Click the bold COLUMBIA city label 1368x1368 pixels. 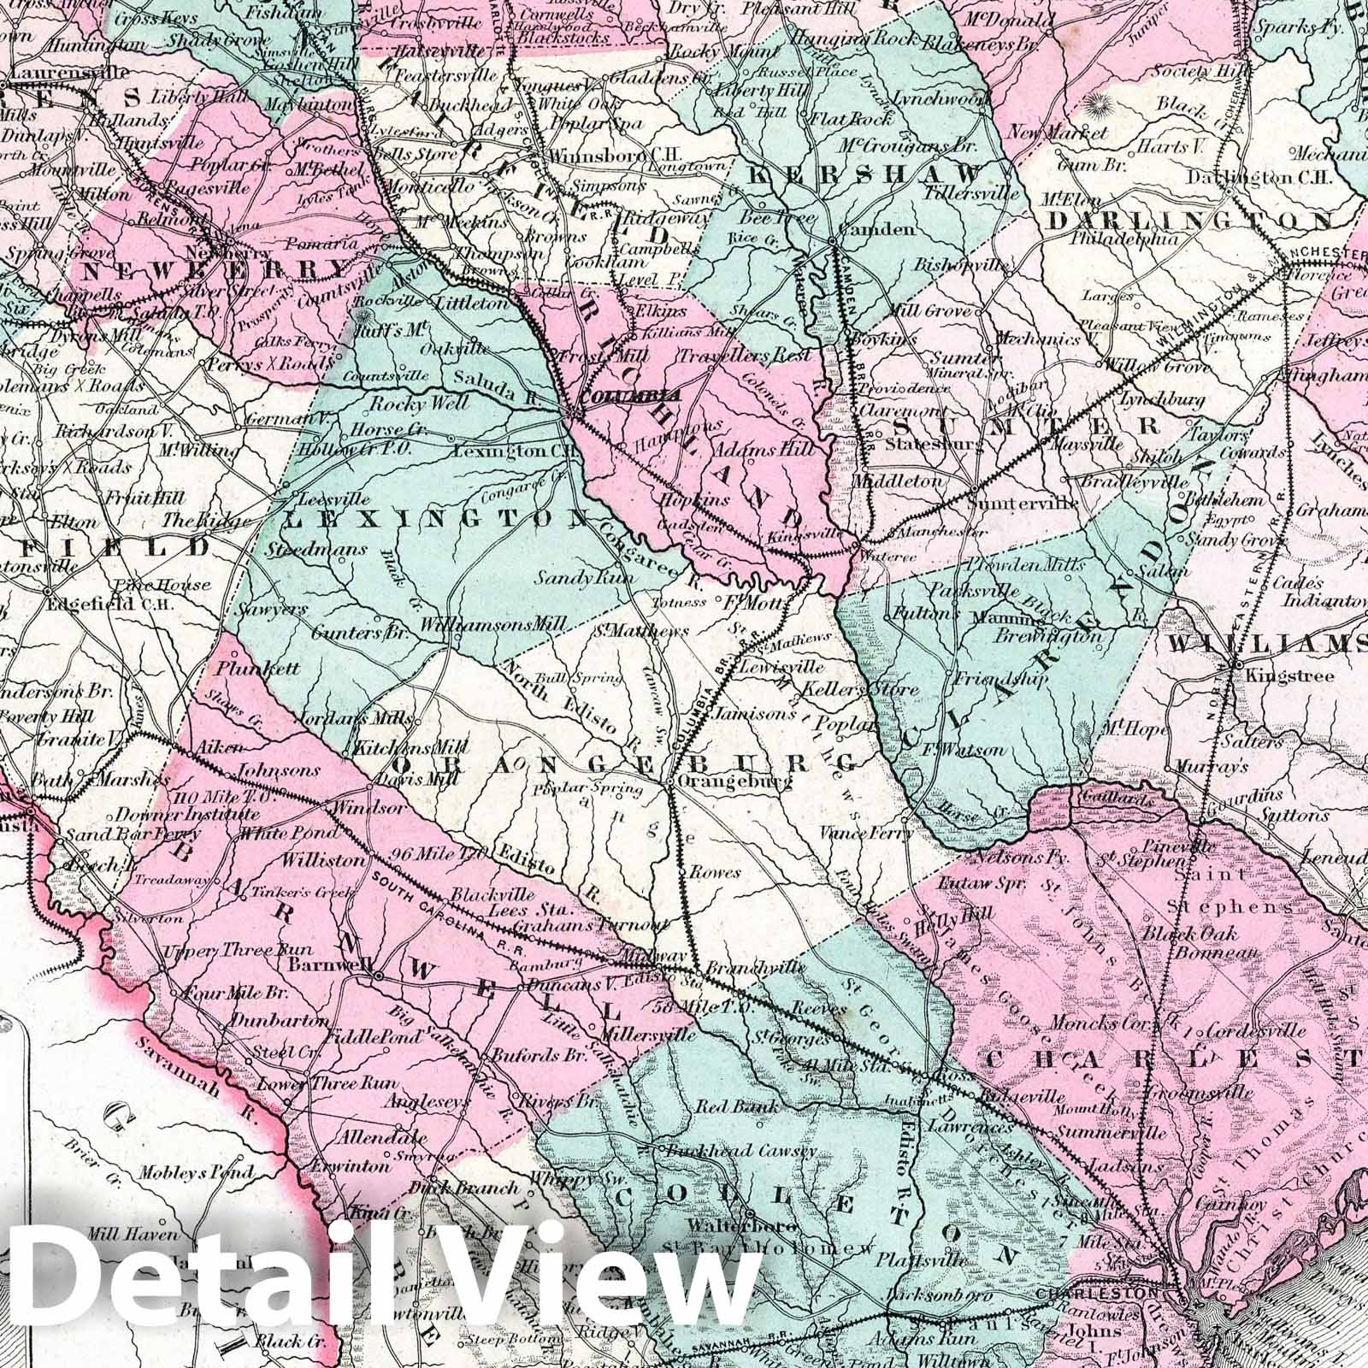coord(629,397)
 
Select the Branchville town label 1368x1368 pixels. coord(756,966)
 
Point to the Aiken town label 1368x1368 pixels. coord(215,746)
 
